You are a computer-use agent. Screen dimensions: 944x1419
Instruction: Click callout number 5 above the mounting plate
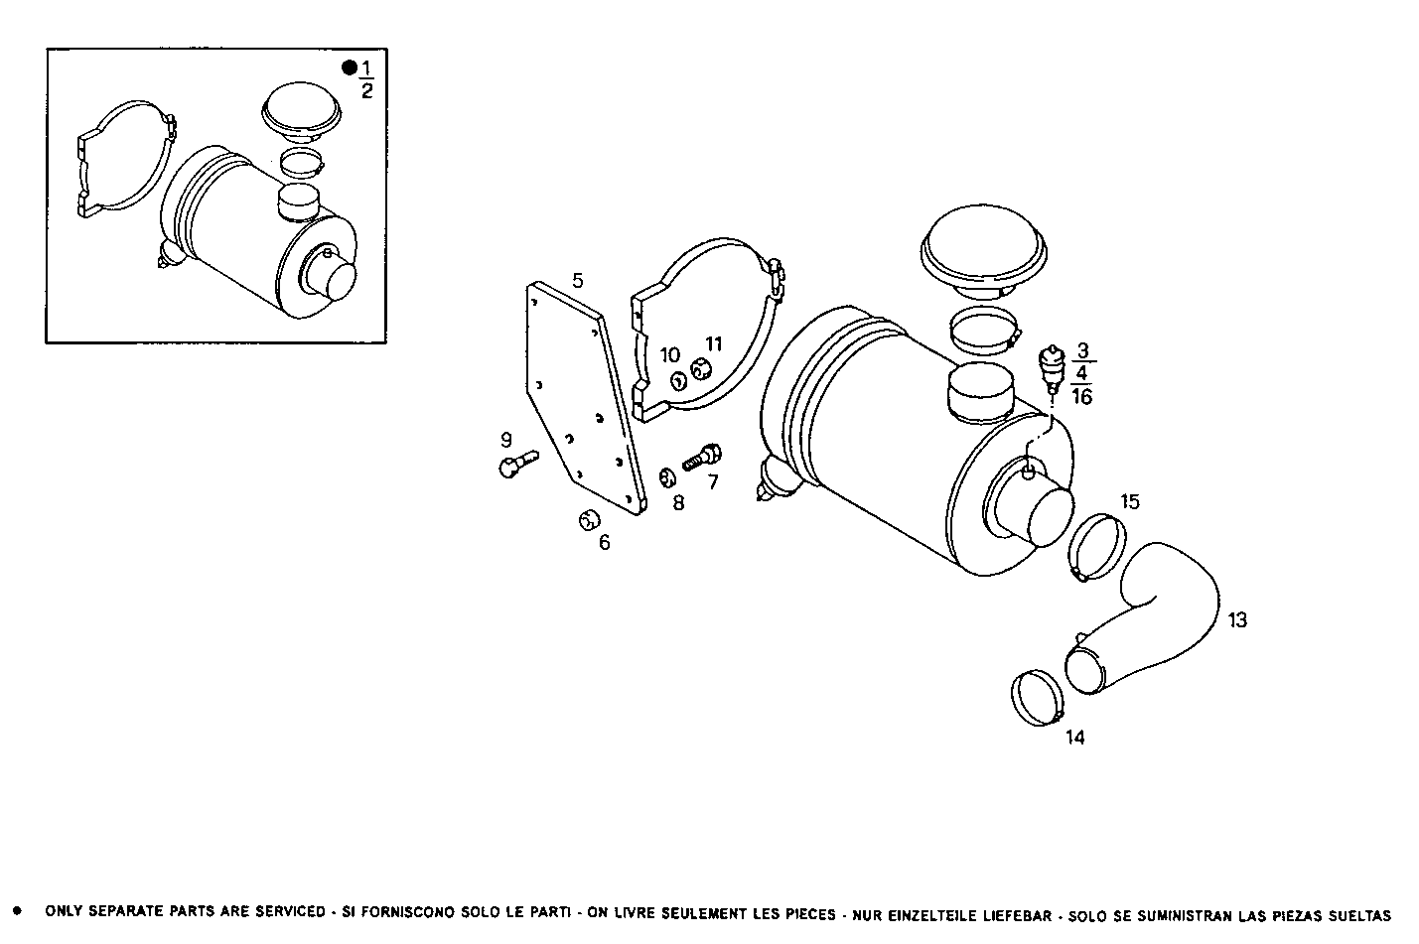[x=578, y=281]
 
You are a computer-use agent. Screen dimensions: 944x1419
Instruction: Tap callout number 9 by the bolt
[x=505, y=439]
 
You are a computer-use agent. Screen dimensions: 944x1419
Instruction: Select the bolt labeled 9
[x=515, y=464]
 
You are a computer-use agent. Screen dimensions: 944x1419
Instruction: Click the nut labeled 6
[x=589, y=519]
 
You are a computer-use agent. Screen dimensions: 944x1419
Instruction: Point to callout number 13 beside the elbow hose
[x=1237, y=620]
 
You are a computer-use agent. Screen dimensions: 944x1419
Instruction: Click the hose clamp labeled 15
[x=1096, y=548]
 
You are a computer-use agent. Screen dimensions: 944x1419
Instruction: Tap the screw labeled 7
[x=704, y=458]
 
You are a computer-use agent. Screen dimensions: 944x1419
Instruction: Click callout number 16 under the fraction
[x=1082, y=397]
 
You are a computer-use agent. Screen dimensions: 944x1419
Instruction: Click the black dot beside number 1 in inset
[x=349, y=67]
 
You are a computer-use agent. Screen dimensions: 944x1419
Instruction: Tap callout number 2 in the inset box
[x=366, y=91]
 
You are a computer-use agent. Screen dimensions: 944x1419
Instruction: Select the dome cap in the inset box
[x=302, y=108]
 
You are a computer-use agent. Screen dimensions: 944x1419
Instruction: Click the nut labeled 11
[x=702, y=370]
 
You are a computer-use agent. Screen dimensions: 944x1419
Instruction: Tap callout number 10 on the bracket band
[x=670, y=355]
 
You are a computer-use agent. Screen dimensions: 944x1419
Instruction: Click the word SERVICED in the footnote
[x=286, y=911]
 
